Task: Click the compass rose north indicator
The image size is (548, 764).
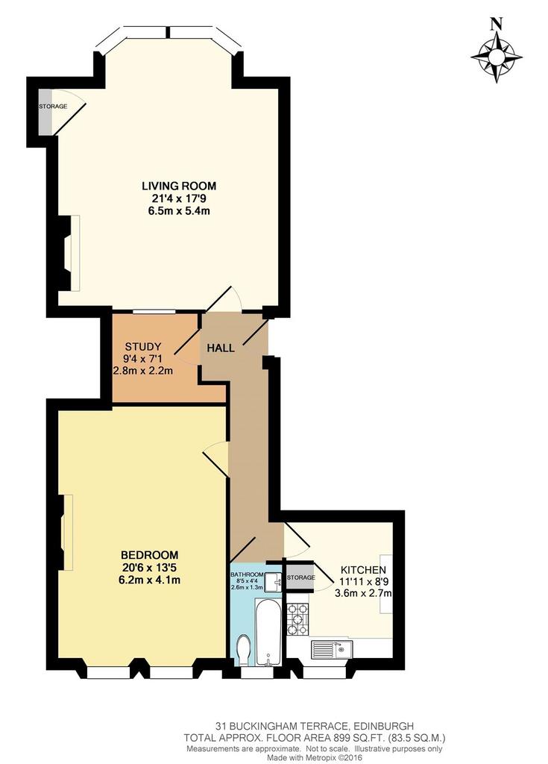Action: pos(497,50)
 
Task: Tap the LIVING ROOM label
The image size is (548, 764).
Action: pos(179,186)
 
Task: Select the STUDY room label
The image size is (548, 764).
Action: pos(142,347)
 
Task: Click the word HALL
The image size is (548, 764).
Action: pos(221,348)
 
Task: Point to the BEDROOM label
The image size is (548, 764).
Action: pos(150,555)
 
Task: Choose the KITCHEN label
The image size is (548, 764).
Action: pos(363,569)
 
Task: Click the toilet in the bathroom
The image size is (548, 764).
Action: pos(242,651)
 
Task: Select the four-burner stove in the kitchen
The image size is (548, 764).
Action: pos(297,619)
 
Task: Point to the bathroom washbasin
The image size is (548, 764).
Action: pos(274,581)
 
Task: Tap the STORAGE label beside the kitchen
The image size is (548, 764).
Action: pos(300,577)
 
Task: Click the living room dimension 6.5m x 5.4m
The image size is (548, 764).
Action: pos(179,211)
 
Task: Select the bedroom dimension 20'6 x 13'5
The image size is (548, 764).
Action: pos(150,568)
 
